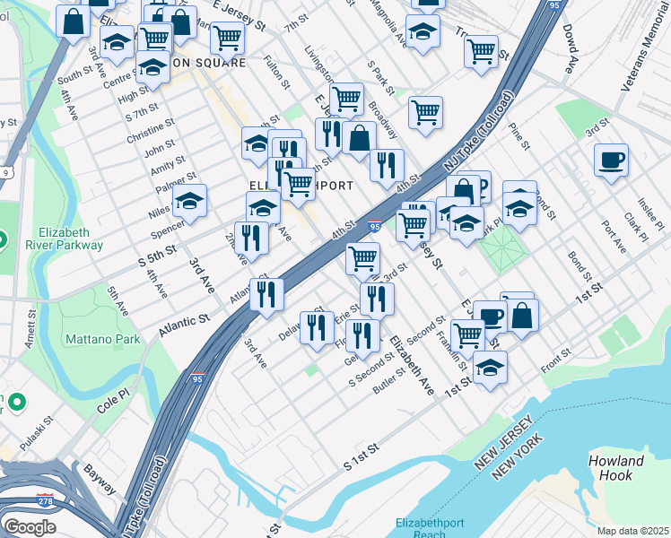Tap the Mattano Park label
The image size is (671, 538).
(x=102, y=340)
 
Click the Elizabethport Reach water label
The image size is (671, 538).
(x=431, y=527)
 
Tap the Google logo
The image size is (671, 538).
(x=29, y=527)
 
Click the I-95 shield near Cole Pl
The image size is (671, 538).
(x=196, y=379)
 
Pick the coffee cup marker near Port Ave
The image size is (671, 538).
(x=611, y=161)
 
